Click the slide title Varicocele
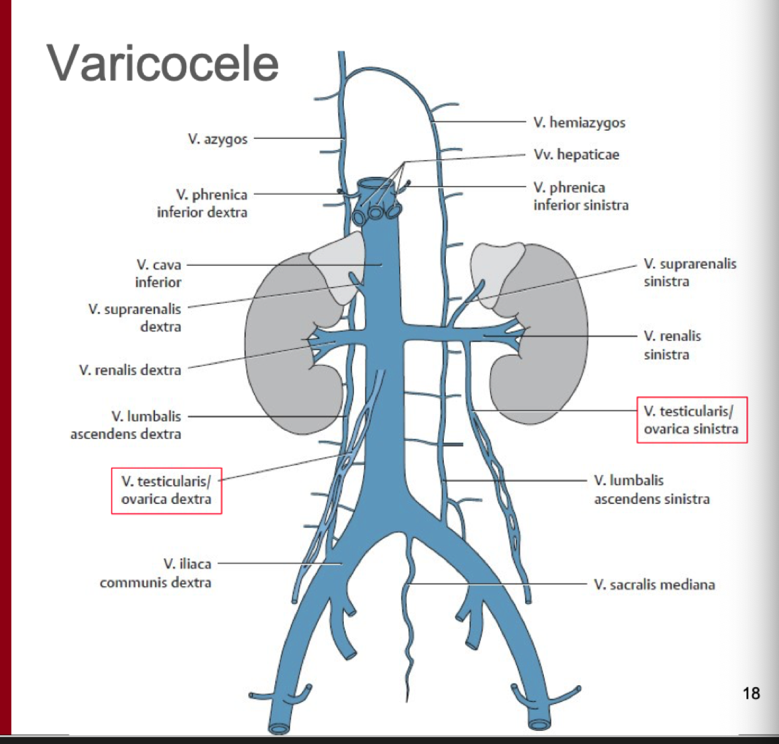tap(163, 63)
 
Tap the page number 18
tap(751, 693)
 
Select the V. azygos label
tap(218, 139)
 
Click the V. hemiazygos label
tap(579, 123)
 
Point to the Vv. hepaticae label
tap(576, 154)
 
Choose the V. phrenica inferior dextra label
tap(202, 203)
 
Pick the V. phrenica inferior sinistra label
tap(580, 196)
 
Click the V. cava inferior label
tap(158, 273)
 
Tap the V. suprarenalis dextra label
tap(134, 317)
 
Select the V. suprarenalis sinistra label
tap(690, 272)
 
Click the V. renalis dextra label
tap(130, 370)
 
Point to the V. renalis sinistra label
tap(672, 344)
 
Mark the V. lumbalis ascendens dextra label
tap(126, 425)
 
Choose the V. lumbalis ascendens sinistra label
tap(651, 489)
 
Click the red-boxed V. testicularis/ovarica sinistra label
tap(691, 420)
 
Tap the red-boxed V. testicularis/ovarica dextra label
tap(166, 490)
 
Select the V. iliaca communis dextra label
tap(156, 573)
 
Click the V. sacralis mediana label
tap(654, 585)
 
